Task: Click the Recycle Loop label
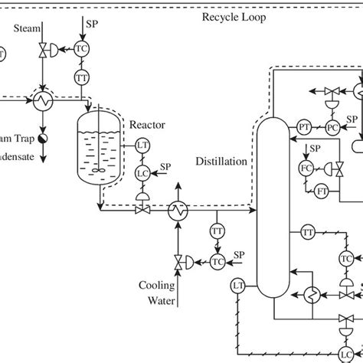click(234, 17)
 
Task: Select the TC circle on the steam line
click(82, 47)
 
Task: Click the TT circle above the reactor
click(82, 77)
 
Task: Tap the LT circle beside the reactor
click(142, 144)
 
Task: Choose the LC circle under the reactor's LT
click(142, 172)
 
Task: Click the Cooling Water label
click(157, 292)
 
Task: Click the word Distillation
click(221, 162)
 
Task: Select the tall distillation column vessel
click(270, 207)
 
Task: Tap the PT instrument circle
click(304, 126)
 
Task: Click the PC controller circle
click(332, 126)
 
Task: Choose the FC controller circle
click(306, 168)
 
